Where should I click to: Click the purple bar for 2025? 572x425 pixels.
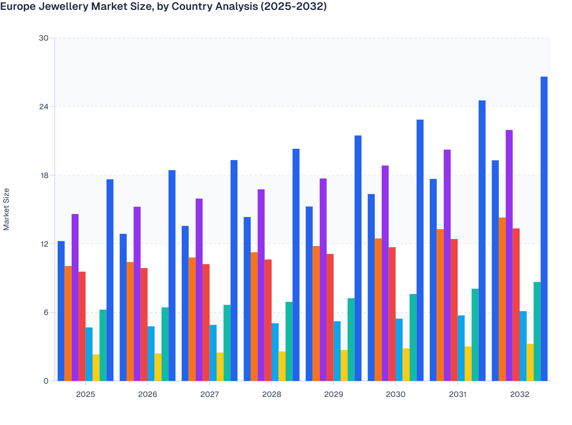coord(75,297)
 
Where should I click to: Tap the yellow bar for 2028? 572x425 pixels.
coord(282,366)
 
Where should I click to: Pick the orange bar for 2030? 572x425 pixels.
coord(378,310)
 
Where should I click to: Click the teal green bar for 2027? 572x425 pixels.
coord(227,343)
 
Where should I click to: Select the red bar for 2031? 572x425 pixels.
coord(454,310)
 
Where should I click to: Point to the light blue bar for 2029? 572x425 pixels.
coord(337,351)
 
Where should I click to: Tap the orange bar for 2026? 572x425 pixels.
coord(130,321)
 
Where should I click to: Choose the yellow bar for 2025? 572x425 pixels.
coord(96,368)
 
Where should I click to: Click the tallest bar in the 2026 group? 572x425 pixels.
coord(172,275)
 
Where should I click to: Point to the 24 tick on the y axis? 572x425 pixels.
coord(44,107)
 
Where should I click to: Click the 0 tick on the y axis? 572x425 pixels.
coord(46,381)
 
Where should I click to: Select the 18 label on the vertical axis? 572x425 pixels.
coord(44,175)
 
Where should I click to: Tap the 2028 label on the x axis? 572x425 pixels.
coord(272,394)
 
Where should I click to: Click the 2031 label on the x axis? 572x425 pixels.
coord(457,394)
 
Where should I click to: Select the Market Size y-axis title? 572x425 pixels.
coord(6,209)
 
